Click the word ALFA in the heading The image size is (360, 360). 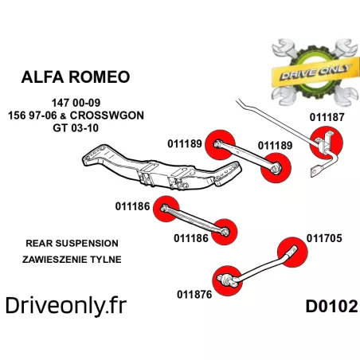pyautogui.click(x=42, y=77)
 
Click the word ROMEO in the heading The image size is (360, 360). pyautogui.click(x=99, y=77)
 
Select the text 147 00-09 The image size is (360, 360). pyautogui.click(x=76, y=103)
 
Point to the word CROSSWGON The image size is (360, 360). pyautogui.click(x=107, y=115)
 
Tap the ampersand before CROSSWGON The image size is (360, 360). pyautogui.click(x=63, y=116)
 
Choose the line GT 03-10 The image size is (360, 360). pyautogui.click(x=76, y=128)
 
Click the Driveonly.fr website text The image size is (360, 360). pyautogui.click(x=66, y=306)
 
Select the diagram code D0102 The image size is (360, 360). pyautogui.click(x=332, y=307)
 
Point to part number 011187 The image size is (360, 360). pyautogui.click(x=327, y=117)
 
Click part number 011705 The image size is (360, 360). pyautogui.click(x=324, y=238)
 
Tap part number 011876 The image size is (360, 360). pyautogui.click(x=194, y=295)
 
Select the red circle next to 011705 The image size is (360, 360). pyautogui.click(x=292, y=252)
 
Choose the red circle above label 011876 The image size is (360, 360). pyautogui.click(x=227, y=281)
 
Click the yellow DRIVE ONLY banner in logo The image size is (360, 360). pyautogui.click(x=313, y=73)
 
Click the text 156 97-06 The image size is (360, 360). pyautogui.click(x=33, y=115)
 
